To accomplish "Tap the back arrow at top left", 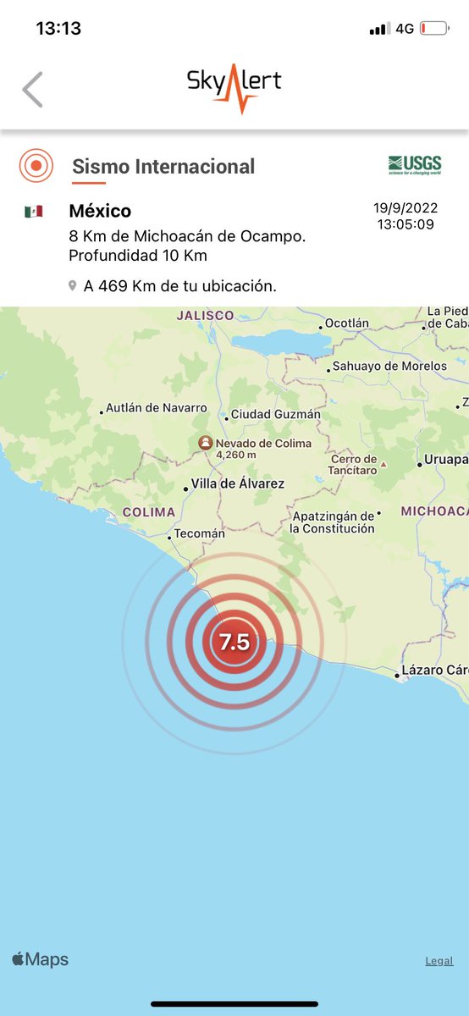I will point(32,89).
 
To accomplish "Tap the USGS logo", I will point(414,164).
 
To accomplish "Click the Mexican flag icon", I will point(34,212).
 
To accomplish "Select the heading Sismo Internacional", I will point(163,167).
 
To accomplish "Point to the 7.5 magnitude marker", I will point(234,642).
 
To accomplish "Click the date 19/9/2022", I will point(406,208).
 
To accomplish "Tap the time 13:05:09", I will point(406,224).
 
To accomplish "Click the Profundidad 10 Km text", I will point(138,256).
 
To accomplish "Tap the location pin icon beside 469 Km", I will point(74,287).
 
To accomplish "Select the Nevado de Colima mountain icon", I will point(205,443).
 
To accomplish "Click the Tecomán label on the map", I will point(200,534).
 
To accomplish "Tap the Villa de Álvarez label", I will point(238,484).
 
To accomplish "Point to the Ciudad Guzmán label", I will point(276,415).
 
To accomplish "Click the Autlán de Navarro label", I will point(157,408).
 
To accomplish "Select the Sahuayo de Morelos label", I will point(389,367).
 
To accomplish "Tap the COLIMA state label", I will point(149,512).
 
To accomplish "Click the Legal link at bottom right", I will point(439,961).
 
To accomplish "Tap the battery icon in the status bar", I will point(433,29).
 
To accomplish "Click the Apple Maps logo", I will point(40,960).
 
